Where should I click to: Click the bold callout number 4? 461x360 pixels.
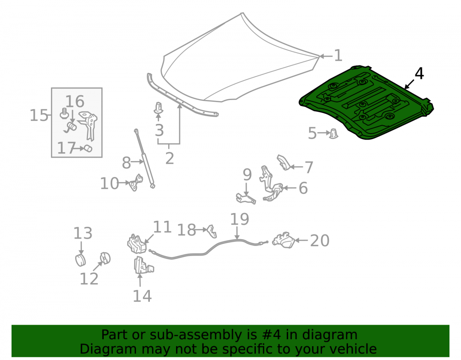click(419, 73)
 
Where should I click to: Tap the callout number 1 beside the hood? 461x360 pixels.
click(338, 55)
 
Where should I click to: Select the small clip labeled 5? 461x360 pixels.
click(333, 133)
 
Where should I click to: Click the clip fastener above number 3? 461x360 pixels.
click(159, 108)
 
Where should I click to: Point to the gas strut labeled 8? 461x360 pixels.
click(145, 159)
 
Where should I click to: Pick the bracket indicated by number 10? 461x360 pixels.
click(136, 183)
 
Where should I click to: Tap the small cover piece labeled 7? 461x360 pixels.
click(284, 163)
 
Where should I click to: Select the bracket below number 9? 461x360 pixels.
click(246, 198)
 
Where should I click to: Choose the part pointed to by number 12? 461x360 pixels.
click(105, 258)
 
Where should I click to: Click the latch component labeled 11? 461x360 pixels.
click(137, 244)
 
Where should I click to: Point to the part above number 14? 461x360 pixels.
click(143, 266)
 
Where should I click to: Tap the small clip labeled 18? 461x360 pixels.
click(212, 231)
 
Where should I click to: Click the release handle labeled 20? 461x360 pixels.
click(284, 240)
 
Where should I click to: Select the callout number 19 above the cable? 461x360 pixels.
click(240, 219)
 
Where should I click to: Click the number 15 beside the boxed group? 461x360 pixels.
click(39, 115)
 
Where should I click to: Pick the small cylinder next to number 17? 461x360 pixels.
click(88, 148)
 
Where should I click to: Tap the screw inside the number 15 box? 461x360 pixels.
click(64, 113)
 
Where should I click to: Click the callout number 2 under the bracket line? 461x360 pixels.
click(170, 159)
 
